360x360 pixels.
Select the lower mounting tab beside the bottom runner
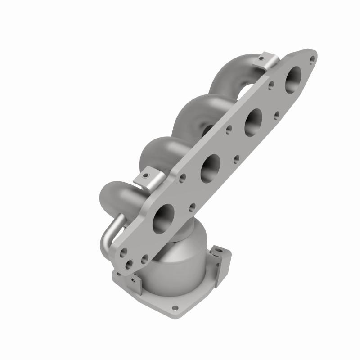(x=149, y=179)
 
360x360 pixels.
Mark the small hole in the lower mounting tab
(x=145, y=176)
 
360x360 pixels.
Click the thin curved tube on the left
(x=108, y=232)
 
